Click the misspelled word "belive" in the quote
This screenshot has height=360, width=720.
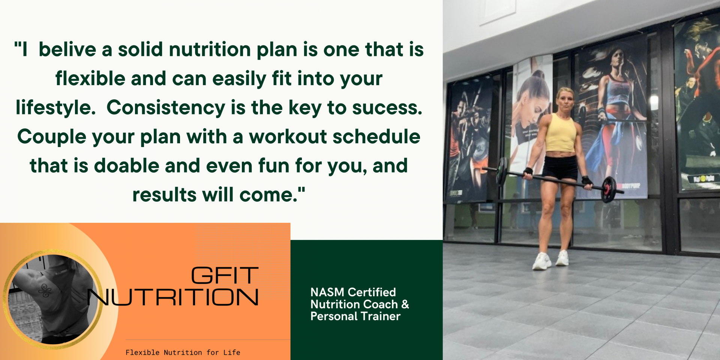tap(67, 49)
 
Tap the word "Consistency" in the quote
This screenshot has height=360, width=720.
tap(166, 108)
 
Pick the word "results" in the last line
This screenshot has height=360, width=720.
tap(164, 195)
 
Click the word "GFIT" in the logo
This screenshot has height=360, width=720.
tap(225, 276)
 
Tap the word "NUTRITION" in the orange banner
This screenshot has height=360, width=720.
tap(173, 297)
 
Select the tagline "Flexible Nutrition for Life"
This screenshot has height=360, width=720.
tap(183, 352)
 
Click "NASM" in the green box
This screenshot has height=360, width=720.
tap(327, 292)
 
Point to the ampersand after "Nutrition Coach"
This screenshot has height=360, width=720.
tap(405, 304)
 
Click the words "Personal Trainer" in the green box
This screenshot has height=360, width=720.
tap(355, 316)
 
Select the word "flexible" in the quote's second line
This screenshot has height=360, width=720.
tap(90, 79)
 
